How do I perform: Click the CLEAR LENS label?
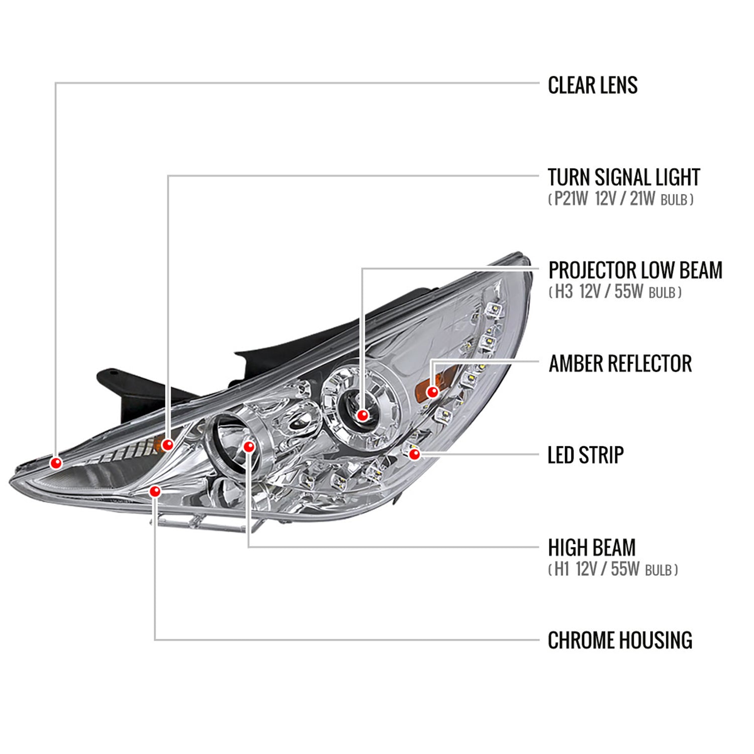[592, 85]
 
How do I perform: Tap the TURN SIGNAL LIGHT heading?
[623, 177]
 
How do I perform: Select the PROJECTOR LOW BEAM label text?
[635, 270]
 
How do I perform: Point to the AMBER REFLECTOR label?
[620, 363]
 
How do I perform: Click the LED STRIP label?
[585, 455]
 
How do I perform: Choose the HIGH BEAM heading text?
[592, 547]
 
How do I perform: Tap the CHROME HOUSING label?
[620, 640]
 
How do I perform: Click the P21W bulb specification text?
[620, 200]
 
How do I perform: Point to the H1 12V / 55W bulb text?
[612, 570]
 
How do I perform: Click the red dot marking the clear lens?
[56, 462]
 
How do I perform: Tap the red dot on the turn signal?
[168, 444]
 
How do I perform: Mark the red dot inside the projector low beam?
[362, 415]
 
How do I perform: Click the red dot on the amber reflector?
[432, 392]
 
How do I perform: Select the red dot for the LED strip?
[415, 454]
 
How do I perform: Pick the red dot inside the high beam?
[249, 446]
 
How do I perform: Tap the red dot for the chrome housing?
[155, 491]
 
